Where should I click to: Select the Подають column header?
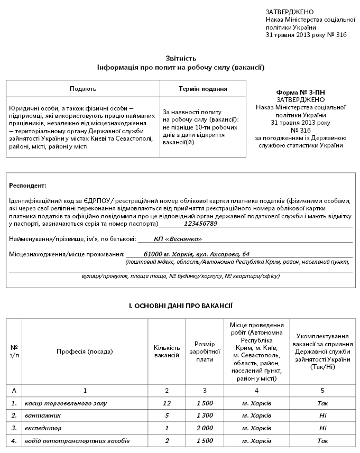coord(83,89)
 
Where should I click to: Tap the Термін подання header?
coord(203,89)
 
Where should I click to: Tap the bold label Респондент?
coord(28,186)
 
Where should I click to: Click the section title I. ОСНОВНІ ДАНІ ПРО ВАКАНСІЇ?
coord(181,306)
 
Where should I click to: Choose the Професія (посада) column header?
coord(85,352)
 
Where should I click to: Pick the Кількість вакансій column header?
coord(167,352)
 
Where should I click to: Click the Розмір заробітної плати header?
coord(204,352)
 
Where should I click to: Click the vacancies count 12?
coord(167,403)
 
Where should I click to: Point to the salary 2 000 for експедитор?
coord(204,428)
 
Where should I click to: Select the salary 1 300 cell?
coord(204,415)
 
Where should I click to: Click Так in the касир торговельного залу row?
coord(322,403)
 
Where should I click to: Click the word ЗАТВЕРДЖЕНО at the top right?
coord(289,12)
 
